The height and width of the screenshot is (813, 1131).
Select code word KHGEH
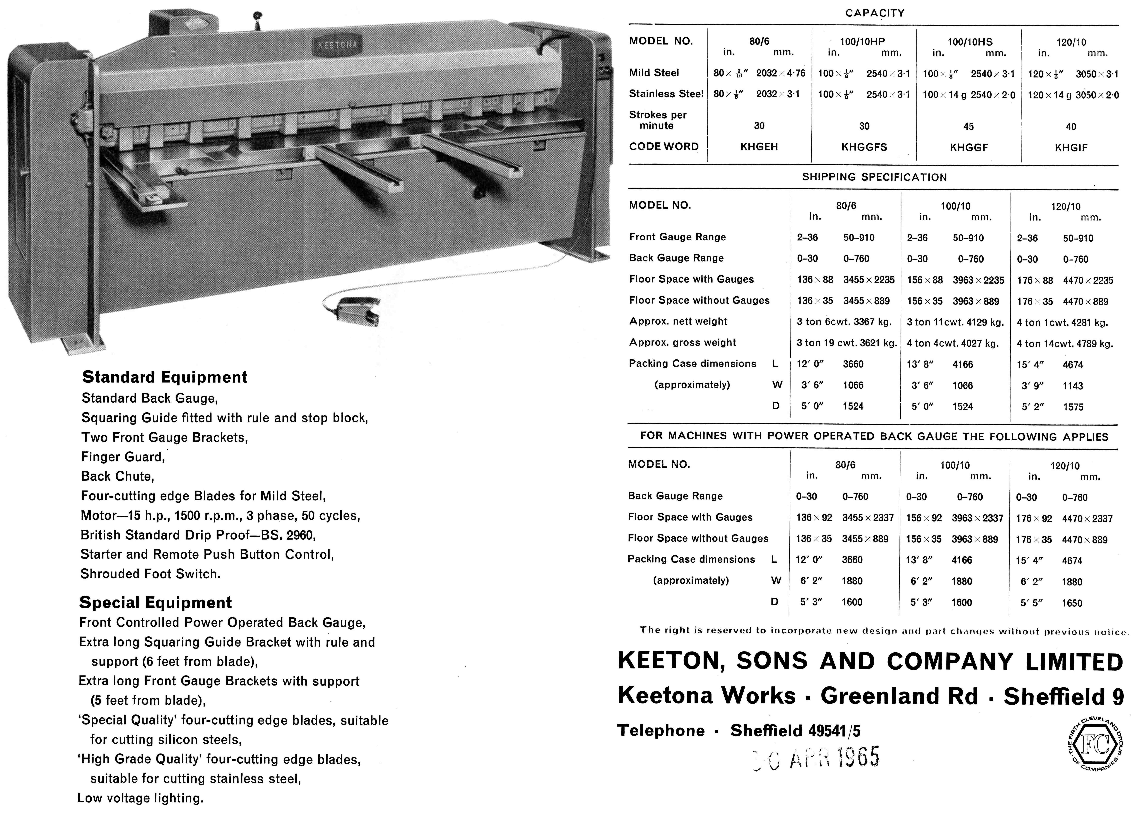[759, 147]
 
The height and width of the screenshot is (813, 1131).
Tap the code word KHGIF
[1071, 148]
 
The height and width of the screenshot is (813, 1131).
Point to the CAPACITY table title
[875, 13]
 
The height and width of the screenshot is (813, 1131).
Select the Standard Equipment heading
[165, 377]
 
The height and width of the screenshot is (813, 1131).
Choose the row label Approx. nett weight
[678, 321]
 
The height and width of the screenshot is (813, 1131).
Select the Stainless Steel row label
[666, 94]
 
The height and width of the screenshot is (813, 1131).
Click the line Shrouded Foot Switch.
[150, 574]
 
